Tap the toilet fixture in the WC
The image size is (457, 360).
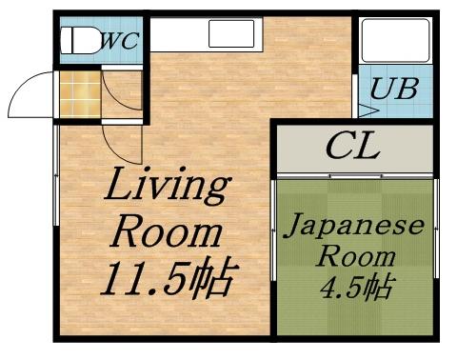(78, 40)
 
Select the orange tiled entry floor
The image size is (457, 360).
(80, 94)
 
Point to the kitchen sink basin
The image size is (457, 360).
(231, 34)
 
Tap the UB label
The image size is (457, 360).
(393, 90)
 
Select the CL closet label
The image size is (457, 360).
(352, 148)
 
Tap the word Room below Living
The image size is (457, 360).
(168, 231)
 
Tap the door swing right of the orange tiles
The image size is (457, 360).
(122, 93)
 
